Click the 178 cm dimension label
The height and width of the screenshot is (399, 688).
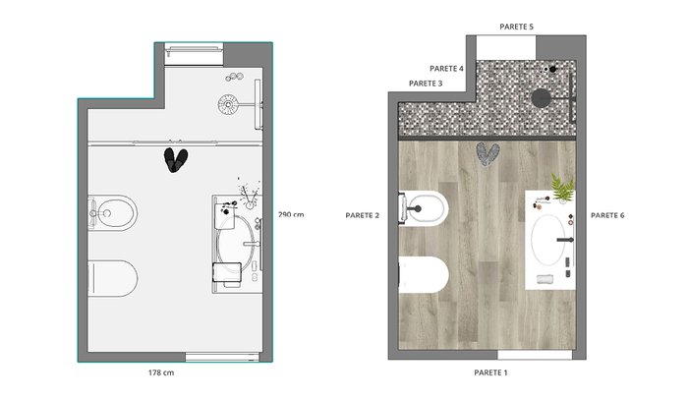(161, 372)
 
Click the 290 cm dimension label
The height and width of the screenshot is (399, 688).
(291, 214)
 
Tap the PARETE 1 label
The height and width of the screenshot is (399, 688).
(490, 372)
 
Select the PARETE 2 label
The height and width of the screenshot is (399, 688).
(362, 215)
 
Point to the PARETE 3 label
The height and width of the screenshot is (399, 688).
(426, 84)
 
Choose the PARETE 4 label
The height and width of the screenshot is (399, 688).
(446, 69)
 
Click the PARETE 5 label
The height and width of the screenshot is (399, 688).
(516, 27)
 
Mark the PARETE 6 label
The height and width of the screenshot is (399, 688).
(607, 215)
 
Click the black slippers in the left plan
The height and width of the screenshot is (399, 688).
(176, 160)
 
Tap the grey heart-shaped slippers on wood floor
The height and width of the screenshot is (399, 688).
(487, 154)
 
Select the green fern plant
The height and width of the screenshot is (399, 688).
(562, 188)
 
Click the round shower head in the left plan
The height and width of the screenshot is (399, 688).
(228, 104)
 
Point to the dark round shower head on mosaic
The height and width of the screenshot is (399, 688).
(541, 97)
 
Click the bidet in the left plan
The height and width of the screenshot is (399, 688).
(112, 213)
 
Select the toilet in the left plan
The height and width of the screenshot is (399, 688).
(113, 278)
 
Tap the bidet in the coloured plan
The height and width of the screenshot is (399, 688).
(424, 208)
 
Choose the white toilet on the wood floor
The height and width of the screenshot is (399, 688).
(424, 275)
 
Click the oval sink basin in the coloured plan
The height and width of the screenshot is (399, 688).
(548, 240)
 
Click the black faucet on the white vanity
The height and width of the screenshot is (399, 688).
(566, 240)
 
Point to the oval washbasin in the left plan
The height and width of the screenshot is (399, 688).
(236, 243)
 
